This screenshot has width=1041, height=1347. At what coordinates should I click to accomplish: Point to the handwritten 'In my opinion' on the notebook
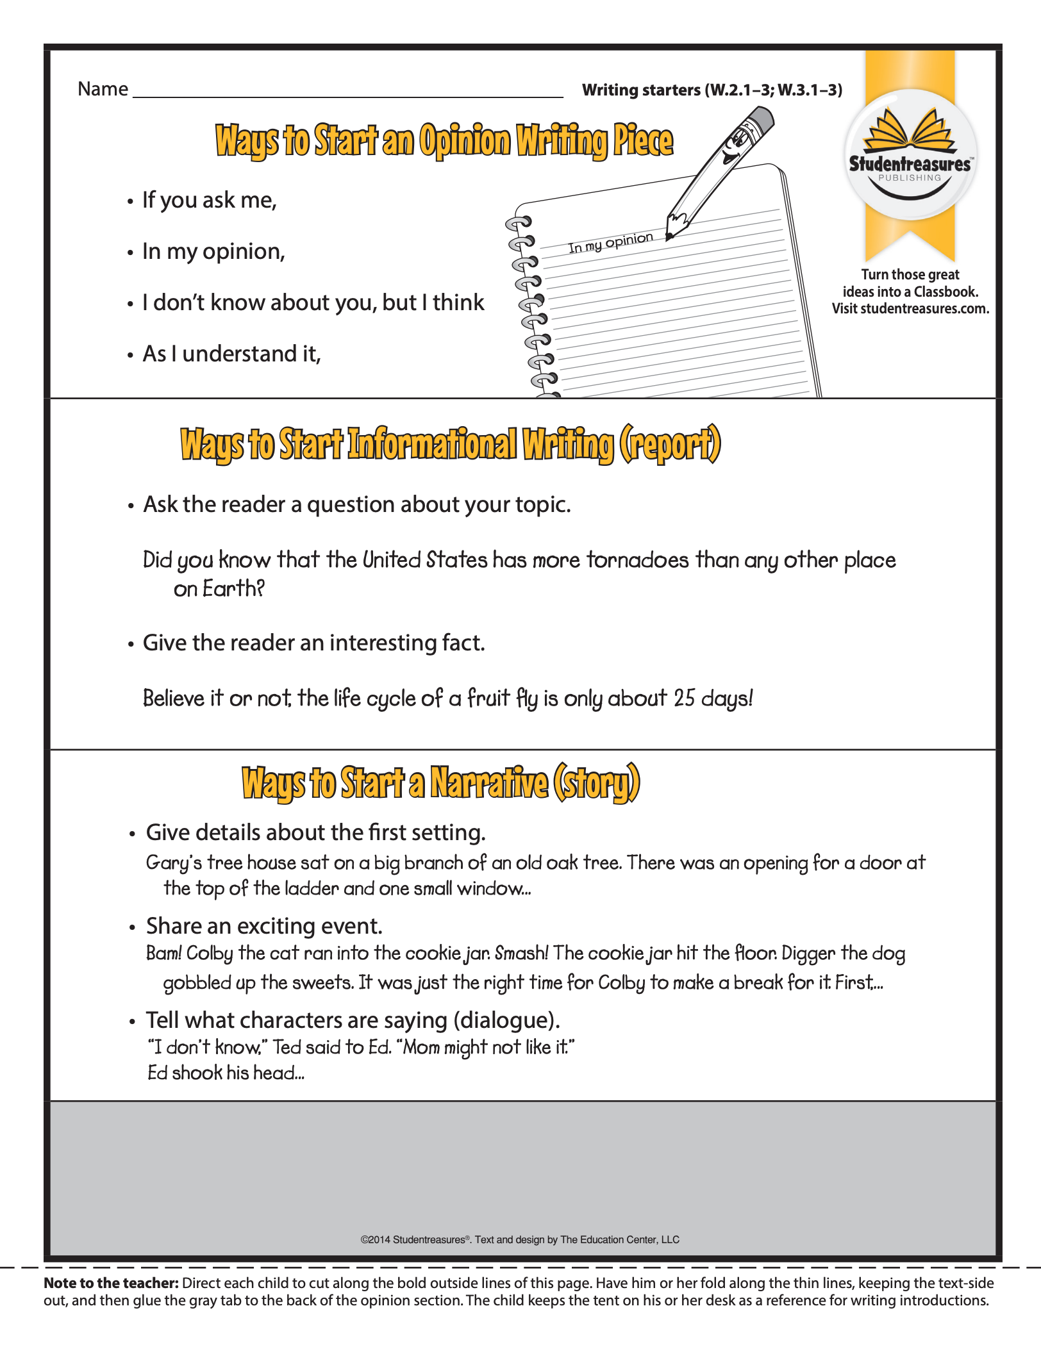click(x=610, y=242)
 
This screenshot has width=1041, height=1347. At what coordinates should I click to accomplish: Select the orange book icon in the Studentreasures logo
click(x=910, y=129)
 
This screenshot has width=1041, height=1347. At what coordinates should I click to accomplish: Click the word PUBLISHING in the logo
click(x=910, y=178)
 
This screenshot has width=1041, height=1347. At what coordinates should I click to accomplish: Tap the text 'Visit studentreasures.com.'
click(x=910, y=309)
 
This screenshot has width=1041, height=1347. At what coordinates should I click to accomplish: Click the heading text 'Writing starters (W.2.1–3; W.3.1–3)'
click(x=712, y=90)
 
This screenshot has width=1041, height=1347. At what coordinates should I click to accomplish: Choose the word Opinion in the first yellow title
click(x=465, y=140)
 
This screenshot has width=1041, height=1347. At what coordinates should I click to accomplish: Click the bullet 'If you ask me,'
click(x=210, y=201)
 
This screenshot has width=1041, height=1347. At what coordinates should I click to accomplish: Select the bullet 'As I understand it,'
click(x=231, y=354)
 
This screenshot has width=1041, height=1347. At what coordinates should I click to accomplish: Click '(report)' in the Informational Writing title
click(x=670, y=444)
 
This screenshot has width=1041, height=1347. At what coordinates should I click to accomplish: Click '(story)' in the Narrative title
click(x=596, y=783)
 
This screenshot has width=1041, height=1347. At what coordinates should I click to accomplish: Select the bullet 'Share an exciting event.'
click(x=264, y=926)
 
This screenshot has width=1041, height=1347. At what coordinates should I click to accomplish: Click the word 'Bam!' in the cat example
click(x=163, y=954)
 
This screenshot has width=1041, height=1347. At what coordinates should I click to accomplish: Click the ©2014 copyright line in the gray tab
click(x=520, y=1239)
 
